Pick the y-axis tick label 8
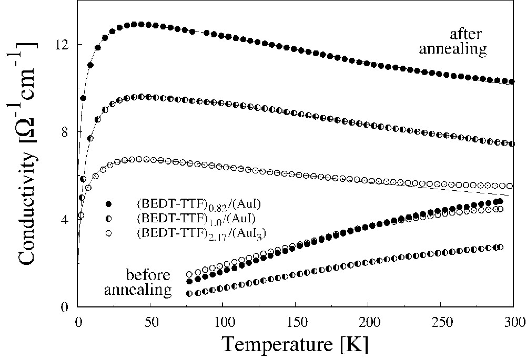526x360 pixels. [x=66, y=132]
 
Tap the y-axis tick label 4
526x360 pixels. [x=66, y=220]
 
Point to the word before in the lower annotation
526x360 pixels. [x=148, y=275]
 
